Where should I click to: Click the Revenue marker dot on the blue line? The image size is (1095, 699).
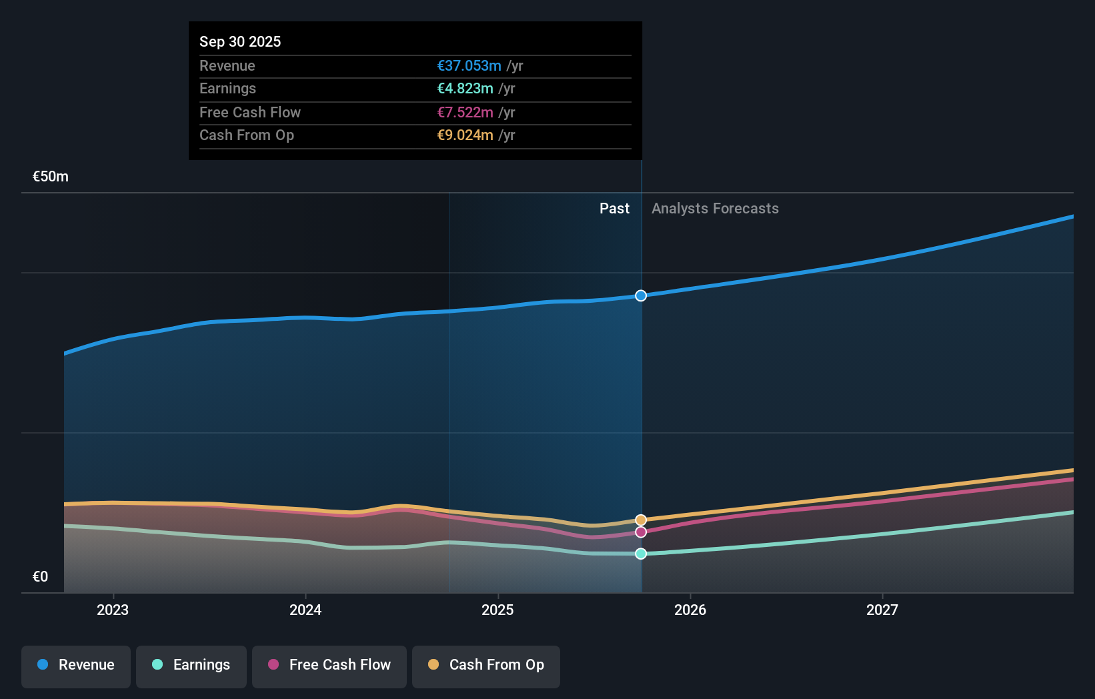641,295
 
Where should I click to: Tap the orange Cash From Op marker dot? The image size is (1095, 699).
641,520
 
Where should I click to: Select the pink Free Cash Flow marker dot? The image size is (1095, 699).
641,532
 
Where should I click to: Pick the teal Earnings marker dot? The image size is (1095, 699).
641,554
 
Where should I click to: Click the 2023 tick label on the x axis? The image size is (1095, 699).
113,610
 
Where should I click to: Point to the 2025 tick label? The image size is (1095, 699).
497,610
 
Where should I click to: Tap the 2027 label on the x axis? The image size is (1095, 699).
882,610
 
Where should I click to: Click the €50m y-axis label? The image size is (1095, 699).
51,177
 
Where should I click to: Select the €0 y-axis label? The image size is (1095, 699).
40,577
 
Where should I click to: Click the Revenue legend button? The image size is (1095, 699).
76,665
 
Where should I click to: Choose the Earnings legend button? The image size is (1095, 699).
191,665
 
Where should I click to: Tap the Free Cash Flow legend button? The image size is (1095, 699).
329,665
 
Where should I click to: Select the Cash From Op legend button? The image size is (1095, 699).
486,665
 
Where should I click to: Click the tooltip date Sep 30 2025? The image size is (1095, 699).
240,41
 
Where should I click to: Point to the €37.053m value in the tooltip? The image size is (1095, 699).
469,65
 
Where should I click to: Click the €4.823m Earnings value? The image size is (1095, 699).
465,89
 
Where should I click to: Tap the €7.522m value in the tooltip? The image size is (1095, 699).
465,112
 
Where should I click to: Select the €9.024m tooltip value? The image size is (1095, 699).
465,135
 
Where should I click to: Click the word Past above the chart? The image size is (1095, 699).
614,209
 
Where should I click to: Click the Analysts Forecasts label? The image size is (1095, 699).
715,209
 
